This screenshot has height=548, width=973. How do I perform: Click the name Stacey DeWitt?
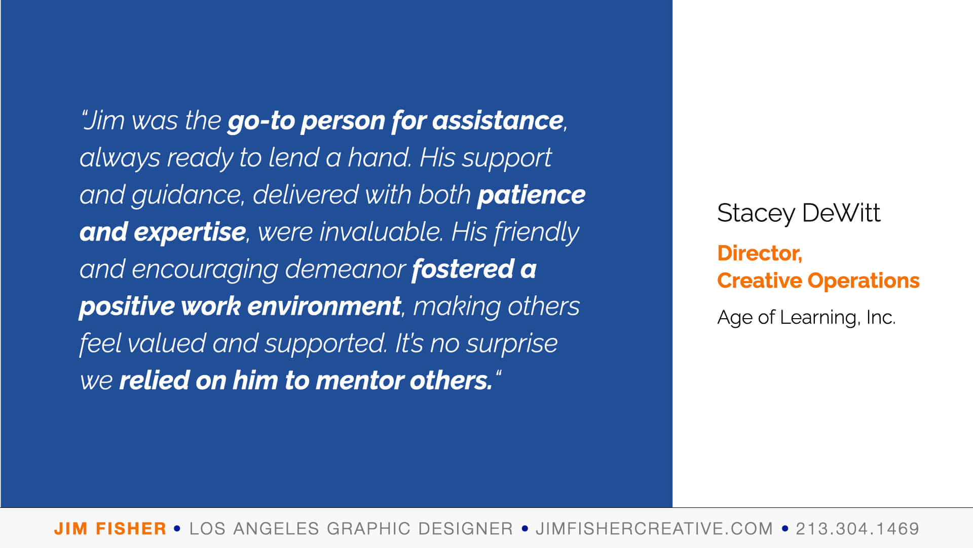pos(799,213)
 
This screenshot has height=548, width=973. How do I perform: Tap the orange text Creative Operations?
pos(818,281)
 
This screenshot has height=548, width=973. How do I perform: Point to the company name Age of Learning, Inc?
pos(806,318)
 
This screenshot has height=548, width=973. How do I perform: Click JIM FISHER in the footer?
pos(110,529)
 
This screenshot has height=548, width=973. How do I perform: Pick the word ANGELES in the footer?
pos(276,529)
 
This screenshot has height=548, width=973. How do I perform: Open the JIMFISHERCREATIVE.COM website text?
pos(654,529)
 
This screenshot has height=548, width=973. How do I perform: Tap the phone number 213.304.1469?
pos(857,529)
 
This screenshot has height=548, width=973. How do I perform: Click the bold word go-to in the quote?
pos(261,121)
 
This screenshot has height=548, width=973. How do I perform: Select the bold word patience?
pos(531,195)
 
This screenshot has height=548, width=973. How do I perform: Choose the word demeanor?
pos(345,269)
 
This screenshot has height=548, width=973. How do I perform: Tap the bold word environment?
pos(324,306)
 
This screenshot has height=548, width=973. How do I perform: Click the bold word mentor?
pos(359,381)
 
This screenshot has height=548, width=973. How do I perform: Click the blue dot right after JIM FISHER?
pos(177,529)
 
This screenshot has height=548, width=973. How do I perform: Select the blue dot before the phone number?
pos(785,529)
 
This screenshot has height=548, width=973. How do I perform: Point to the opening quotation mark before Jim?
pos(84,114)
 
